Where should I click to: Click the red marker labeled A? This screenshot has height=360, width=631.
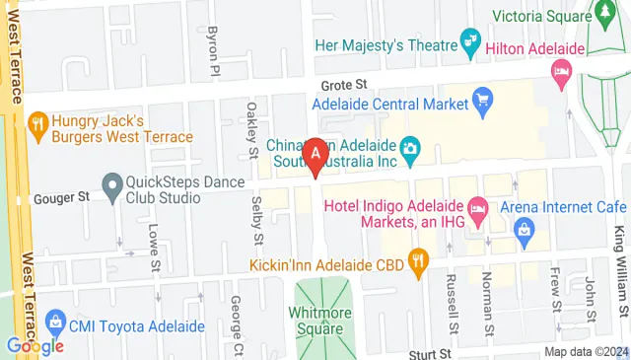pyautogui.click(x=315, y=155)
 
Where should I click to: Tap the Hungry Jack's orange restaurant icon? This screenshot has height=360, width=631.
pyautogui.click(x=38, y=124)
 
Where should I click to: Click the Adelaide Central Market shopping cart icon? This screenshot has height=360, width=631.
pyautogui.click(x=482, y=99)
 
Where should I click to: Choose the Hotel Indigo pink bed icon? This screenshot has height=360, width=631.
pyautogui.click(x=478, y=206)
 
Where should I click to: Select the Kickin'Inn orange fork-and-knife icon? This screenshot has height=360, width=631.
pyautogui.click(x=418, y=262)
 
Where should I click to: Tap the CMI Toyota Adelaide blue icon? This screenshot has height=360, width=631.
pyautogui.click(x=53, y=323)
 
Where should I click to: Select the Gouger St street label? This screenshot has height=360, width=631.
pyautogui.click(x=61, y=197)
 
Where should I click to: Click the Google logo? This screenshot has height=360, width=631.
pyautogui.click(x=35, y=344)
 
